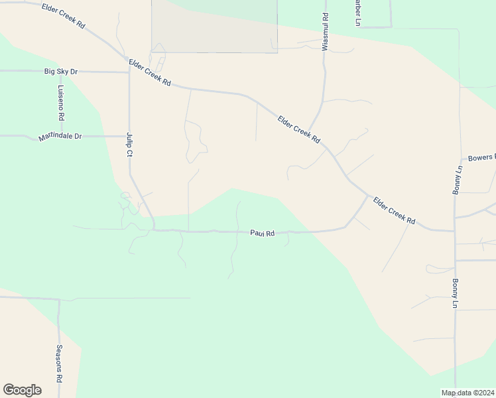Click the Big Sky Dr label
(61, 71)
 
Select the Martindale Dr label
(60, 137)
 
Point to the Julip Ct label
(130, 144)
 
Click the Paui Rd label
(262, 233)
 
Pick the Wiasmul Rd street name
(325, 33)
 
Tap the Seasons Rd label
(59, 363)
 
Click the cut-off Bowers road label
(481, 158)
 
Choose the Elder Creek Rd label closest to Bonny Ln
(393, 210)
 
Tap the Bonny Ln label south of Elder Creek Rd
(456, 293)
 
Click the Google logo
(22, 390)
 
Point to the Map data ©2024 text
(467, 393)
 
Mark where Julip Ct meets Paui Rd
(155, 230)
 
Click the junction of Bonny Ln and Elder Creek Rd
(455, 230)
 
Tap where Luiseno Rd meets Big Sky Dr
(60, 72)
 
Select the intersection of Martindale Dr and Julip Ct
(129, 136)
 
